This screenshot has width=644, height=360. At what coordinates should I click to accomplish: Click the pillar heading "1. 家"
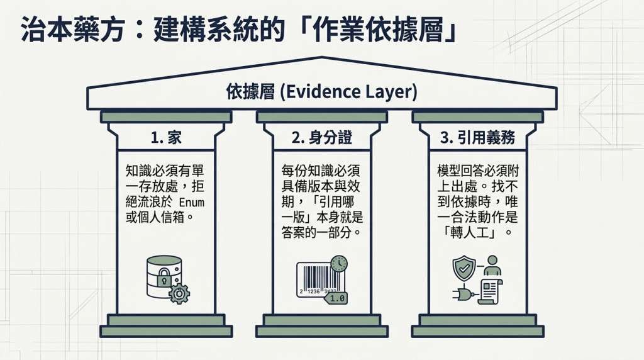pyautogui.click(x=166, y=138)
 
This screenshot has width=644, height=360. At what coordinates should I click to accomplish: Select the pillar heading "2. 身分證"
pyautogui.click(x=321, y=138)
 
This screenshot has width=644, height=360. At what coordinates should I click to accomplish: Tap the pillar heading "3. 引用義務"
pyautogui.click(x=477, y=138)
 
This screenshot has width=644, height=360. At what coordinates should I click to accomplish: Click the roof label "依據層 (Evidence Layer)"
pyautogui.click(x=321, y=92)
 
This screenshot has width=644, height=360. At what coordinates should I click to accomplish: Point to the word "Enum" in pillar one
pyautogui.click(x=191, y=202)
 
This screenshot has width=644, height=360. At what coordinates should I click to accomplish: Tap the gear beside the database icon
pyautogui.click(x=179, y=293)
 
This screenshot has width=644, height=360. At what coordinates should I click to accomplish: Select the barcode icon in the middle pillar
pyautogui.click(x=321, y=279)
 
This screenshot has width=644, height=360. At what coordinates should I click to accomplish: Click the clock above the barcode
pyautogui.click(x=339, y=264)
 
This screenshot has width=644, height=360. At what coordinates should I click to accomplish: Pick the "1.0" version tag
pyautogui.click(x=336, y=298)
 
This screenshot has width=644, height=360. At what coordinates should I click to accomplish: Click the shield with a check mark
pyautogui.click(x=464, y=268)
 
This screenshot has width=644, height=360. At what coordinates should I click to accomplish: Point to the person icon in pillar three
pyautogui.click(x=492, y=266)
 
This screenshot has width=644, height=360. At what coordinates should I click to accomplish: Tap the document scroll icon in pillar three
pyautogui.click(x=491, y=291)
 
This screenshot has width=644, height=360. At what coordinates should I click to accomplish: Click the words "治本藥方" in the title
pyautogui.click(x=72, y=29)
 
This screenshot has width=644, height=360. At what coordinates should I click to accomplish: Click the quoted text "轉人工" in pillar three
pyautogui.click(x=478, y=233)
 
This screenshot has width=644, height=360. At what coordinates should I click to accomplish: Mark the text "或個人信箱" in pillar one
pyautogui.click(x=156, y=217)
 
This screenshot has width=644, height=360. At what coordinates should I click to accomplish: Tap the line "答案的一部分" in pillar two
pyautogui.click(x=316, y=233)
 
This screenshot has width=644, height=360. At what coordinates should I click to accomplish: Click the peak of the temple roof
pyautogui.click(x=322, y=57)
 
